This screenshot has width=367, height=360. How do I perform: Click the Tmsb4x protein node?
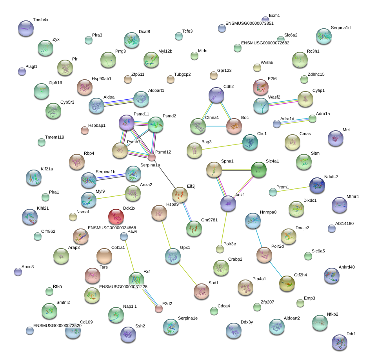pyautogui.click(x=26, y=28)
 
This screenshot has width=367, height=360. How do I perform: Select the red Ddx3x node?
pyautogui.click(x=116, y=217)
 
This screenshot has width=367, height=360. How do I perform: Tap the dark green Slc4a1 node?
pyautogui.click(x=259, y=170)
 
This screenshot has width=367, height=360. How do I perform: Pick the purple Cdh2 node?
pyautogui.click(x=216, y=95)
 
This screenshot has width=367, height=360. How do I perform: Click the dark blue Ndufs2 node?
pyautogui.click(x=317, y=185)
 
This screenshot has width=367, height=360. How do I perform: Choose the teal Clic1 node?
pyautogui.click(x=250, y=142)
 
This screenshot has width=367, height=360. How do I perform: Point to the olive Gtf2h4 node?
pyautogui.click(x=287, y=283)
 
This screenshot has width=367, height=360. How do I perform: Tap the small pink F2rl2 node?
pyautogui.click(x=159, y=309)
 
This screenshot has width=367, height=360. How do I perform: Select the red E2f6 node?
pyautogui.click(x=260, y=88)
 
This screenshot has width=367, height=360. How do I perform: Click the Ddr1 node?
pyautogui.click(x=340, y=342)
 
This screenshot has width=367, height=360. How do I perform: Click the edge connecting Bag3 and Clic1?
pyautogui.click(x=222, y=146)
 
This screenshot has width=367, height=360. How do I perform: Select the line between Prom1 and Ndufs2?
pyautogui.click(x=293, y=189)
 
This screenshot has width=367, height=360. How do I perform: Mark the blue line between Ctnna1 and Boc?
pyautogui.click(x=216, y=126)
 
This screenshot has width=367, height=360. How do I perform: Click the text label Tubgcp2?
pyautogui.click(x=182, y=75)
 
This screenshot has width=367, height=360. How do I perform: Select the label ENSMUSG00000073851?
pyautogui.click(x=249, y=23)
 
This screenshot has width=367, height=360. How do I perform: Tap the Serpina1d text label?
pyautogui.click(x=341, y=27)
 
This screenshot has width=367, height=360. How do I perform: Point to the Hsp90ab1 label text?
pyautogui.click(x=101, y=79)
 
